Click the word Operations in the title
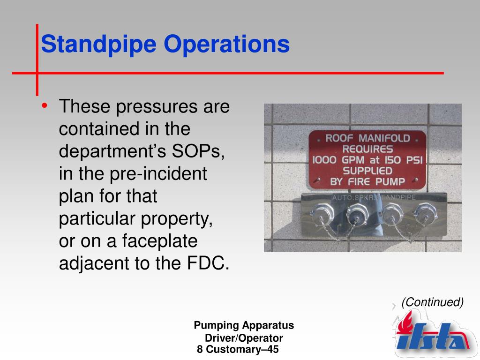pos(227,45)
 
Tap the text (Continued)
pos(432,302)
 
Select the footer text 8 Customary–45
pos(238,349)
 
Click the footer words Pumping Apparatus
pos(244,325)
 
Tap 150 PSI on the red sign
pos(404,160)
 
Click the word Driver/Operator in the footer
pos(244,337)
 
